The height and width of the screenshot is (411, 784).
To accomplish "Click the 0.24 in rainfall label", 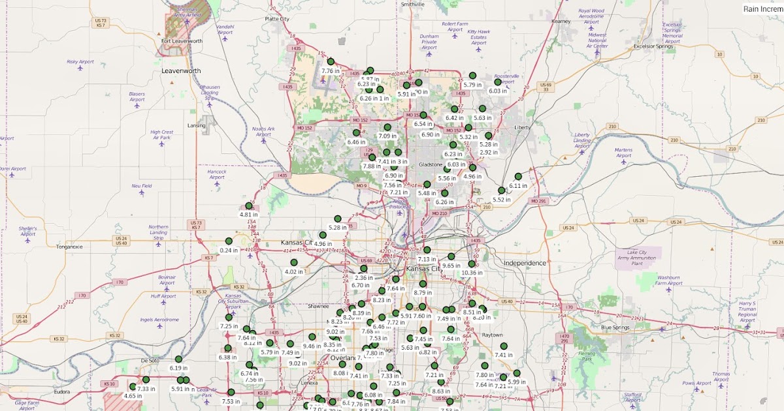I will click(229, 250).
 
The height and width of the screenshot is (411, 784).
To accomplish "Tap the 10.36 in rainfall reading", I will click(472, 273).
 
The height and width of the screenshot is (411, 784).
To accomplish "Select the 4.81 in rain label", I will click(249, 214).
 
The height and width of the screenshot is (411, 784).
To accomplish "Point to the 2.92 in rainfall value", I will click(489, 152).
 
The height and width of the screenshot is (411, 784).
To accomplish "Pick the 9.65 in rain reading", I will click(451, 266).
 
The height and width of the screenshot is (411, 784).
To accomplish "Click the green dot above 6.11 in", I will click(517, 176).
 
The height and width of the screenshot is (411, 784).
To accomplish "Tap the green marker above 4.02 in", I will click(294, 262).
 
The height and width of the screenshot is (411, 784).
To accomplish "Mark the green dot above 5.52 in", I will click(501, 190).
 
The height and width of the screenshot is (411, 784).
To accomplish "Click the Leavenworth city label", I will click(182, 70).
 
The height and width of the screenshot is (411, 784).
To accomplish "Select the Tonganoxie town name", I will click(69, 247).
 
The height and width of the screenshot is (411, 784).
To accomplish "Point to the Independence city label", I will click(525, 263).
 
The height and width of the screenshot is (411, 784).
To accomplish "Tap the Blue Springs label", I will click(615, 327).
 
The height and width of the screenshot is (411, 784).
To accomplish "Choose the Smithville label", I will click(412, 4).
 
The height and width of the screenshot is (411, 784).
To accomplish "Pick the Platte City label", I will click(277, 20).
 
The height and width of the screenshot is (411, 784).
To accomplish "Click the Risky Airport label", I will click(80, 62).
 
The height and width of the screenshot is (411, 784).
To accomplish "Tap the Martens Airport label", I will click(623, 153).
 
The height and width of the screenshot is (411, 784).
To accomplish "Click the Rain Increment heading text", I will click(763, 8).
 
